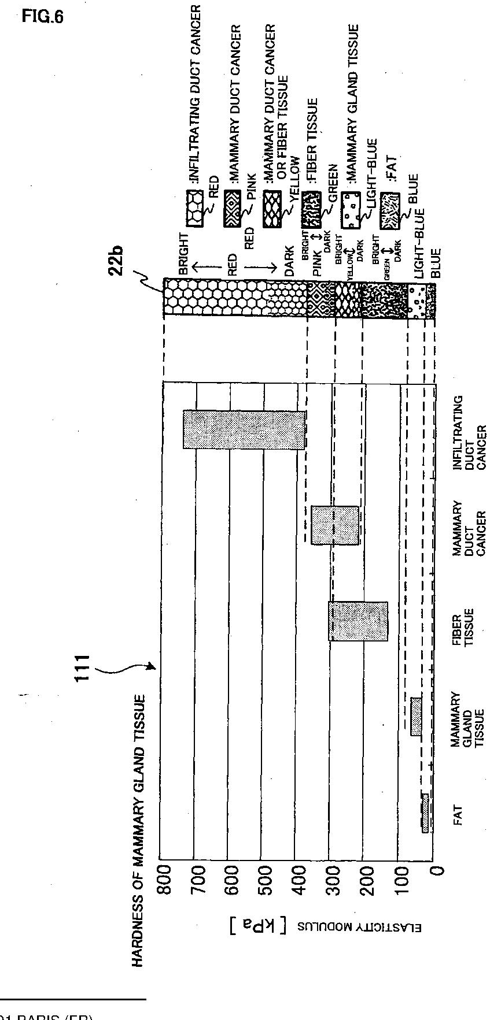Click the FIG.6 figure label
(42, 16)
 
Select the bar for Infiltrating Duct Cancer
(244, 429)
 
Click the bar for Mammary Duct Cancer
(335, 525)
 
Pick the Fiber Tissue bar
(358, 621)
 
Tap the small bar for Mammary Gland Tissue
(416, 716)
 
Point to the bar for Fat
(425, 813)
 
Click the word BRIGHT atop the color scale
(184, 253)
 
